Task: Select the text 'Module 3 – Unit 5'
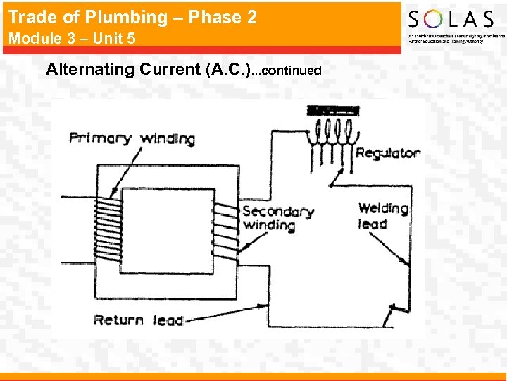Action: [71, 38]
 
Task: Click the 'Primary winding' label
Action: [132, 138]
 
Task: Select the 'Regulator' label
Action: [388, 153]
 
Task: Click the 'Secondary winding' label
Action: [277, 218]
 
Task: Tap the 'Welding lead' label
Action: [382, 215]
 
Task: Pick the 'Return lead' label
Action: [138, 320]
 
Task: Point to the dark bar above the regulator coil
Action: [333, 110]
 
